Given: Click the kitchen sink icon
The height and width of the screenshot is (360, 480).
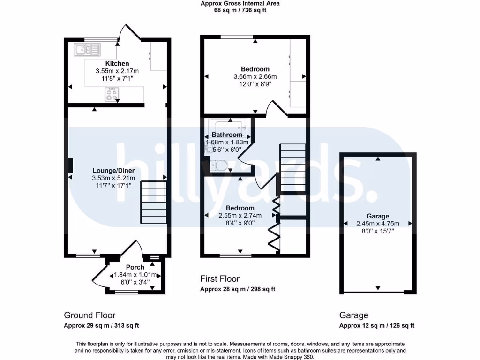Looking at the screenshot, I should [x=87, y=49].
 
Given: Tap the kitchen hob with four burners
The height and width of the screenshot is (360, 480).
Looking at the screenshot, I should [x=112, y=95].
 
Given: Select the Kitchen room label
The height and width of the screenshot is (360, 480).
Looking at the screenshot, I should [x=117, y=63].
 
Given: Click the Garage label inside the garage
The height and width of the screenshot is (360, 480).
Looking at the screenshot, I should [x=378, y=216].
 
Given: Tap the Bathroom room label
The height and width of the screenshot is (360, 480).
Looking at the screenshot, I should [x=227, y=135].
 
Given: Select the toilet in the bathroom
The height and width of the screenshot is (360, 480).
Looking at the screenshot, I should [x=218, y=165].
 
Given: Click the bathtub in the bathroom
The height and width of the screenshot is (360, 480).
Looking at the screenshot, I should [x=227, y=126].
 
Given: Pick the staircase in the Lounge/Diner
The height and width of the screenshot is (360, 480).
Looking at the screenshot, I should [x=154, y=202].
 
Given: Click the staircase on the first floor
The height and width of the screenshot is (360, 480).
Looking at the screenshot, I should [x=292, y=169].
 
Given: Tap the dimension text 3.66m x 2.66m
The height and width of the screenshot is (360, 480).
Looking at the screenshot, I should [x=255, y=77].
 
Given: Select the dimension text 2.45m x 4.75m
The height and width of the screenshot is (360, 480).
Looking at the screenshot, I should [x=378, y=224].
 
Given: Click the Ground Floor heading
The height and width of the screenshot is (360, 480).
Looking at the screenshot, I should [x=90, y=315].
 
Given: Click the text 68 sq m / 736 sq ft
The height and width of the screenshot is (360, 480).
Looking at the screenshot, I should [x=240, y=10].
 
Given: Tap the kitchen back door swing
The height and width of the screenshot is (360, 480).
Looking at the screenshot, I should [x=130, y=32].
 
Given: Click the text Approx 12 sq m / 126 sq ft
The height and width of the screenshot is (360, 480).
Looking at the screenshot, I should [x=377, y=326].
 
